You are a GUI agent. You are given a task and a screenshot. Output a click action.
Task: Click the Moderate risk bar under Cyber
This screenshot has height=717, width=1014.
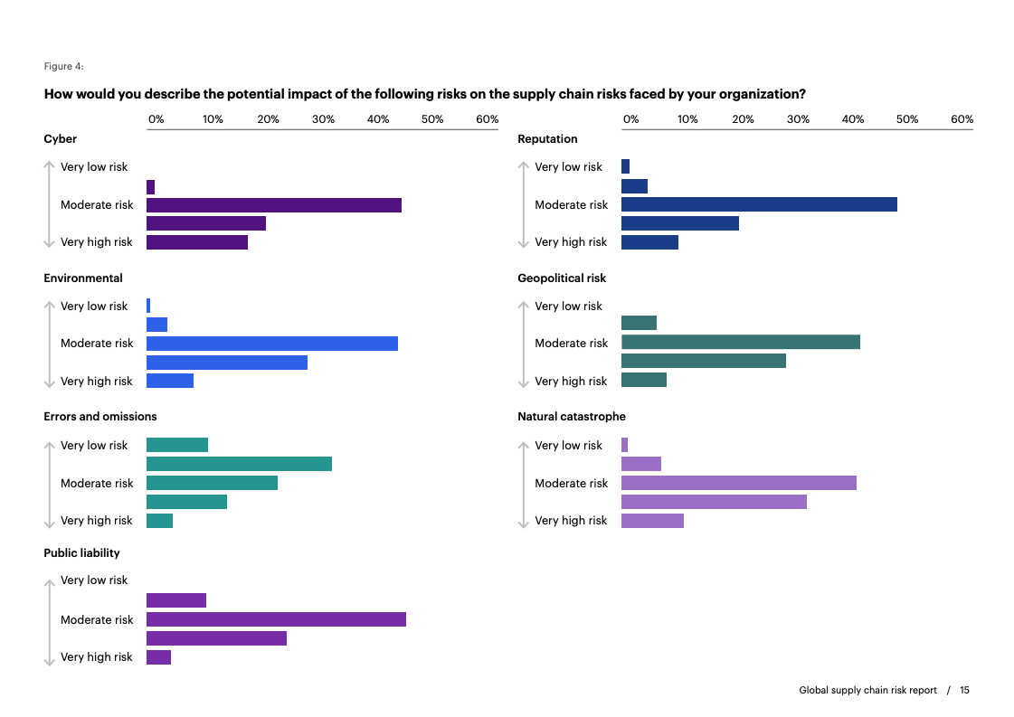pyautogui.click(x=273, y=205)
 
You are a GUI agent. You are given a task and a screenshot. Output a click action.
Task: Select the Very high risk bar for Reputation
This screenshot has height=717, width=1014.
pyautogui.click(x=649, y=242)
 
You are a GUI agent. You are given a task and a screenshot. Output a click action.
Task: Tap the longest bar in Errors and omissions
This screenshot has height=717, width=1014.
pyautogui.click(x=239, y=464)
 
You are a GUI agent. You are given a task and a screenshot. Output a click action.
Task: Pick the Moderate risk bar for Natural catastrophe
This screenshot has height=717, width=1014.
pyautogui.click(x=738, y=483)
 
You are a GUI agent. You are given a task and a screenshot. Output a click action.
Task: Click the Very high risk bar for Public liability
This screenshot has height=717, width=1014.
pyautogui.click(x=158, y=657)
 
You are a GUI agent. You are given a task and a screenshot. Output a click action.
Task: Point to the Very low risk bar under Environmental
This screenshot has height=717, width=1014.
pyautogui.click(x=148, y=306)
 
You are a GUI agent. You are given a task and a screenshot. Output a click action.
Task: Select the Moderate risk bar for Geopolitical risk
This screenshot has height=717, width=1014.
pyautogui.click(x=740, y=343)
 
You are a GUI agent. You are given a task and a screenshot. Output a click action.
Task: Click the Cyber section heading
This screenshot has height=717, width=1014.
pyautogui.click(x=61, y=139)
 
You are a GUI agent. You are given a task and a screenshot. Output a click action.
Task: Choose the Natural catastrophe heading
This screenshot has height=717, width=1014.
pyautogui.click(x=571, y=417)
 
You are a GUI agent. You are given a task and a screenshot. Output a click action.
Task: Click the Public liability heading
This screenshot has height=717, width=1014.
pyautogui.click(x=81, y=553)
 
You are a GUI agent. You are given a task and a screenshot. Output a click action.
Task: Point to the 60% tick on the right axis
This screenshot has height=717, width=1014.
pyautogui.click(x=962, y=119)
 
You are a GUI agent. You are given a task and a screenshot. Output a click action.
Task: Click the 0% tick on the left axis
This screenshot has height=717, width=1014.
pyautogui.click(x=156, y=119)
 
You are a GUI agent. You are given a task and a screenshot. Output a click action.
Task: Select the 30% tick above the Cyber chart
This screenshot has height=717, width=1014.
pyautogui.click(x=323, y=119)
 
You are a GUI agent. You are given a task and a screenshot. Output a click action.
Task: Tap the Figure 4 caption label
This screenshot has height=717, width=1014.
pyautogui.click(x=63, y=66)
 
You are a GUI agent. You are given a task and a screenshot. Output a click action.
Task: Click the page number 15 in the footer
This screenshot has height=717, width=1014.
pyautogui.click(x=964, y=691)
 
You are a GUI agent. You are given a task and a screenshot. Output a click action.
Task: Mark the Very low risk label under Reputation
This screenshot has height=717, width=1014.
pyautogui.click(x=568, y=167)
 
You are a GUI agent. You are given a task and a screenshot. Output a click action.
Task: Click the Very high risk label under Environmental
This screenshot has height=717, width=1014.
pyautogui.click(x=96, y=382)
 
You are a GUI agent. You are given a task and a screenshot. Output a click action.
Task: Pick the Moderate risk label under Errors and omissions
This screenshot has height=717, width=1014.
pyautogui.click(x=97, y=484)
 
